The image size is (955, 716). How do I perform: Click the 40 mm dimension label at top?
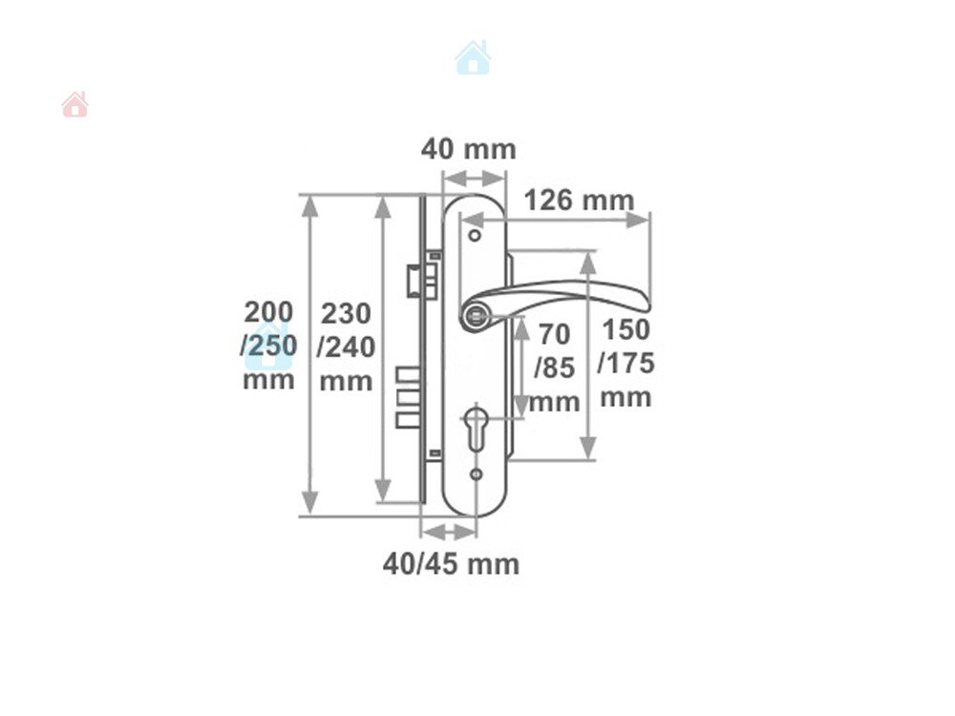[x=468, y=149]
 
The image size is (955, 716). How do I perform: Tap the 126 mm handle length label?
[x=579, y=200]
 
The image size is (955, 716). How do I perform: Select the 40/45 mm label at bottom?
[x=452, y=564]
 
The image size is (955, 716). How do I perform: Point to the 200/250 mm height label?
[x=268, y=346]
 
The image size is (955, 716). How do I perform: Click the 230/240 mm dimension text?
[x=346, y=347]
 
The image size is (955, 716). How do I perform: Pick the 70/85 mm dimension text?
[x=554, y=368]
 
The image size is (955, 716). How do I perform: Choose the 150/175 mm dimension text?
[x=626, y=363]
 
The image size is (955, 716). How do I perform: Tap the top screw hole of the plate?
[x=475, y=235]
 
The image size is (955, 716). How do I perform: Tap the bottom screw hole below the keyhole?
[x=477, y=474]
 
